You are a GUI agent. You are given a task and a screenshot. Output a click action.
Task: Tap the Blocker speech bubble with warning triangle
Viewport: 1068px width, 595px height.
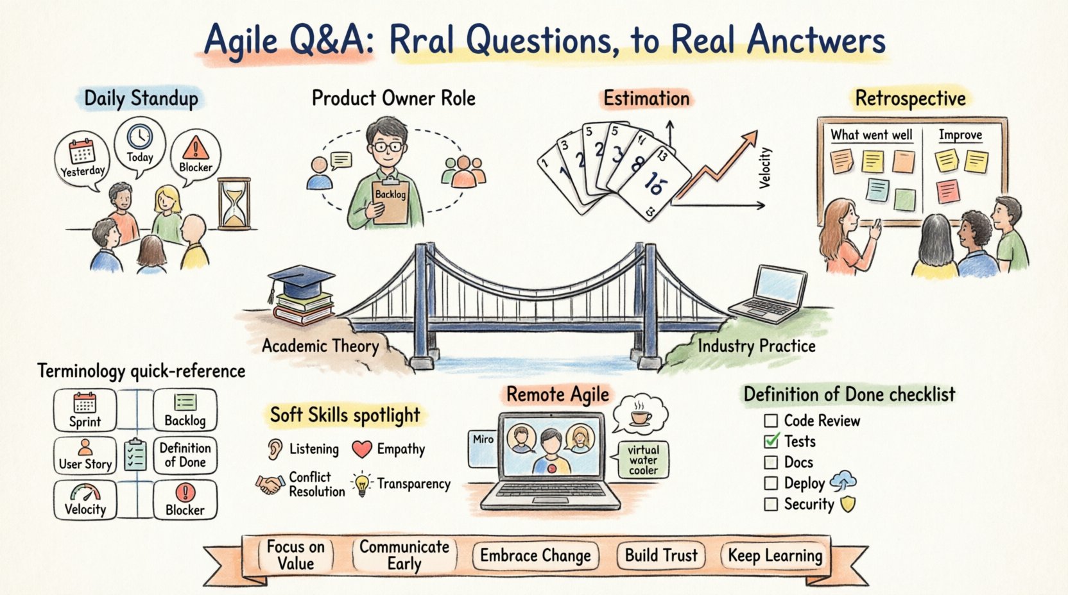195,155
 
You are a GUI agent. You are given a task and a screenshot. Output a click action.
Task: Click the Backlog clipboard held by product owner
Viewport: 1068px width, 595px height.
390,201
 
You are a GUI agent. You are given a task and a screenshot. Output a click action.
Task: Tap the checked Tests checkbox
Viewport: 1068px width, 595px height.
771,441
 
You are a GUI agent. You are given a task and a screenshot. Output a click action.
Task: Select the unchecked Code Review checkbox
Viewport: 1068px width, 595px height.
771,421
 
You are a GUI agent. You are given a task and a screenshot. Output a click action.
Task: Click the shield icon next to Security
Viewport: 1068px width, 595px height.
848,505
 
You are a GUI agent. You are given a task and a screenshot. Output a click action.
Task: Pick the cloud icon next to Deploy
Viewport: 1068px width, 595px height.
843,481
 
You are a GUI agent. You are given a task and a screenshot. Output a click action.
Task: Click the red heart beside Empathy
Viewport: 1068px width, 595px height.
362,449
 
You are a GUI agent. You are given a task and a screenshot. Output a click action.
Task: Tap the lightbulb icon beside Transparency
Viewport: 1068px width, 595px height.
362,484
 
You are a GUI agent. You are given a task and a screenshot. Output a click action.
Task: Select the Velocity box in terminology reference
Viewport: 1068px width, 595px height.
85,500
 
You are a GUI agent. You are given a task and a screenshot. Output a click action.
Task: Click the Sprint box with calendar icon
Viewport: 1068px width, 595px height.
85,410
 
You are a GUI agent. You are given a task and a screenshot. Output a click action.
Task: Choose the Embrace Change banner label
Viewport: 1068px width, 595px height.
535,555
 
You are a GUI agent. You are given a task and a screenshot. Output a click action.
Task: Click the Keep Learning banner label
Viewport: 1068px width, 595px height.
775,555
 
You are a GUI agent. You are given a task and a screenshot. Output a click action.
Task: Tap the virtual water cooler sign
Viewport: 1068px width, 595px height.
643,460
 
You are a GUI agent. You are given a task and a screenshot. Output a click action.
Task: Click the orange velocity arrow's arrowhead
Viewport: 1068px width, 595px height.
750,137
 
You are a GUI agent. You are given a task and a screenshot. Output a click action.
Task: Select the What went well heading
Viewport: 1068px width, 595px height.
871,135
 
